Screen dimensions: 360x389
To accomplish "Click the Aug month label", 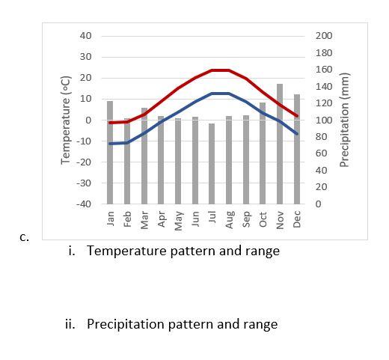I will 229,219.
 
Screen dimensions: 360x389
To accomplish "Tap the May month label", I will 178,220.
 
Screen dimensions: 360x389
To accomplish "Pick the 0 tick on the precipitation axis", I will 318,204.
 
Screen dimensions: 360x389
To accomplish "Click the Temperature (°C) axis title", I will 66,120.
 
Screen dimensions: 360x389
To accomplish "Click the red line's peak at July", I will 212,70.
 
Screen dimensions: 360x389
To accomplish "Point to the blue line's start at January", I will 111,144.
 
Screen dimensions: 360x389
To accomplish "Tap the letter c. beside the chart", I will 24,238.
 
